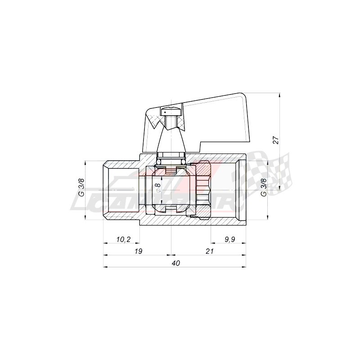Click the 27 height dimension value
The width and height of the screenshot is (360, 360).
pyautogui.click(x=277, y=140)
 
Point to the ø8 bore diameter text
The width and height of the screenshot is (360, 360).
pyautogui.click(x=157, y=188)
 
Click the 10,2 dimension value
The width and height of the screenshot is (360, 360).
pyautogui.click(x=121, y=239)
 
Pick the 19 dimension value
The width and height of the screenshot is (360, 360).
pyautogui.click(x=138, y=251)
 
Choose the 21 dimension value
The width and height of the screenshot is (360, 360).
pyautogui.click(x=209, y=251)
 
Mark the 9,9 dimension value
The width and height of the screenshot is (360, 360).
pyautogui.click(x=229, y=239)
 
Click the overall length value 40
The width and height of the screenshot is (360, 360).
pyautogui.click(x=175, y=263)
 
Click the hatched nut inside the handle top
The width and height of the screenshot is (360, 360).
pyautogui.click(x=171, y=121)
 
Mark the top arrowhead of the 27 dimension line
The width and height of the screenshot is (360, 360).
pyautogui.click(x=279, y=95)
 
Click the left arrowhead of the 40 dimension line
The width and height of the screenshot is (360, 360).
pyautogui.click(x=106, y=267)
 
